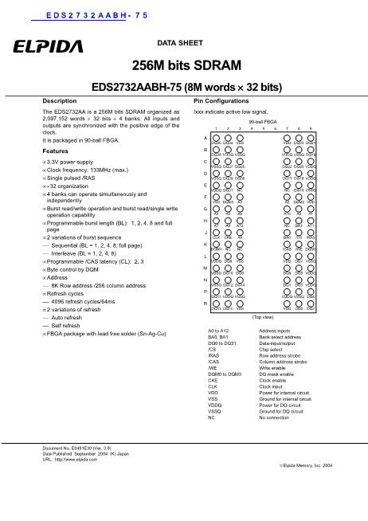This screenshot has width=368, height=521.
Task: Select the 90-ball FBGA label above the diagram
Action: pyautogui.click(x=262, y=121)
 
